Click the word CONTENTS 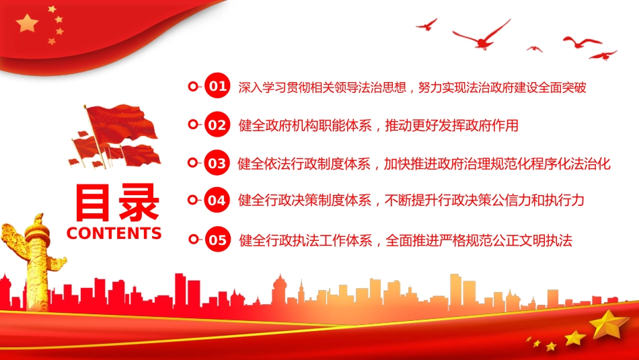pyautogui.click(x=114, y=233)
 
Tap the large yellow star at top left pyautogui.click(x=28, y=24)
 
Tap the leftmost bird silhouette pyautogui.click(x=426, y=25)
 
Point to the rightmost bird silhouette pyautogui.click(x=603, y=55)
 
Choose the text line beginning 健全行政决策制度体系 pyautogui.click(x=411, y=201)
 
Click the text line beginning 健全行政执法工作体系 pyautogui.click(x=406, y=240)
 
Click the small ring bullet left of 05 pyautogui.click(x=194, y=240)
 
